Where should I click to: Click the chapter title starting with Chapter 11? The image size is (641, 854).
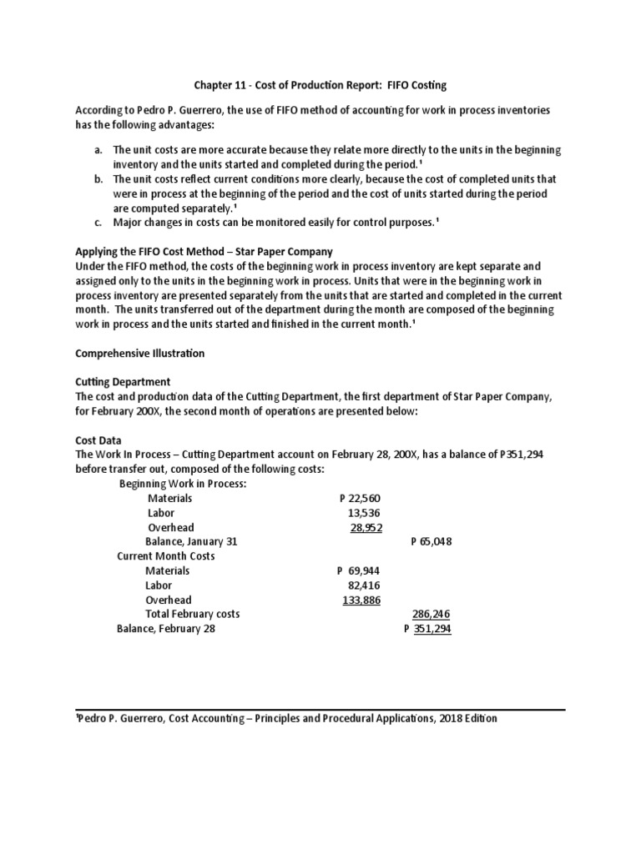pyautogui.click(x=320, y=84)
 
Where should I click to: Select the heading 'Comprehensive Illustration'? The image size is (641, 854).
pyautogui.click(x=139, y=354)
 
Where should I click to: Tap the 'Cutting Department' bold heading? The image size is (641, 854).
pyautogui.click(x=122, y=382)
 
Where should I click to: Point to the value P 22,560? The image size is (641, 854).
pyautogui.click(x=361, y=498)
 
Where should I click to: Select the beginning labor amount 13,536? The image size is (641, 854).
pyautogui.click(x=364, y=512)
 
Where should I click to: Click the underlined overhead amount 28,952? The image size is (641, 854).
pyautogui.click(x=365, y=527)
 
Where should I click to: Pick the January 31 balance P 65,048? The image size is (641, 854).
pyautogui.click(x=432, y=541)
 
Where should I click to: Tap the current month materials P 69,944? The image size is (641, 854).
pyautogui.click(x=360, y=570)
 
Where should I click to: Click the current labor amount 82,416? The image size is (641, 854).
pyautogui.click(x=364, y=585)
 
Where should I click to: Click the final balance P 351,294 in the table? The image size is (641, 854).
pyautogui.click(x=427, y=629)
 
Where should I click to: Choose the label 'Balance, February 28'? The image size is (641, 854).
pyautogui.click(x=166, y=629)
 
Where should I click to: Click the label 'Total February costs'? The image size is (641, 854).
pyautogui.click(x=193, y=614)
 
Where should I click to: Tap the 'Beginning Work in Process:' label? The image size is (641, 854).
pyautogui.click(x=183, y=484)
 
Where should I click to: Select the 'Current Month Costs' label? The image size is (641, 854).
pyautogui.click(x=166, y=556)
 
